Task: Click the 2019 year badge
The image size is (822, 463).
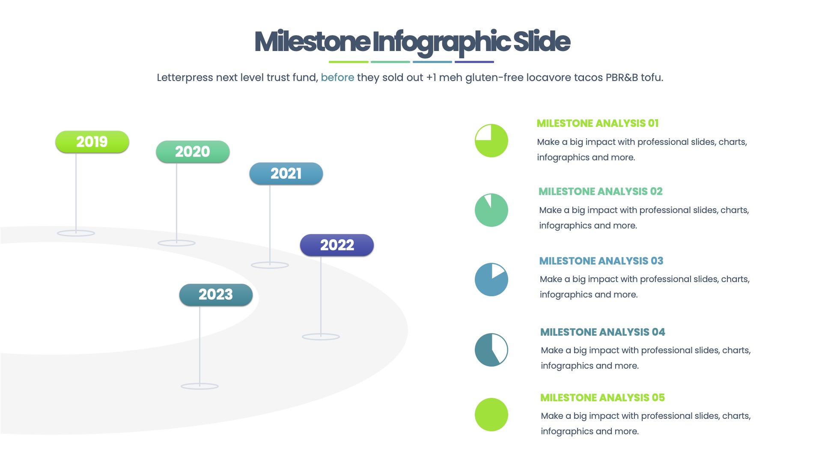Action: (92, 142)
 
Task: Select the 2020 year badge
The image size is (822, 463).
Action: (193, 152)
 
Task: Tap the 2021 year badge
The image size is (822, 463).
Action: (286, 174)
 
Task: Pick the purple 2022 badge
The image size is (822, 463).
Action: (337, 245)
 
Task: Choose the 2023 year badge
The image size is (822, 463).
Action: (216, 295)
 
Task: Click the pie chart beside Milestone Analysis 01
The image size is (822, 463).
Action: (491, 141)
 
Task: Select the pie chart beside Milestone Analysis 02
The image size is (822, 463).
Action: (491, 210)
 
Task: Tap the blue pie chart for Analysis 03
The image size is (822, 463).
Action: (491, 280)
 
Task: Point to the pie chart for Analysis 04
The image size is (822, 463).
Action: (491, 350)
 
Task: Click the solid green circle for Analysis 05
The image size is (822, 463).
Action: (491, 415)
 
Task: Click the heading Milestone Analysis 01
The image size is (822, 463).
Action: (597, 123)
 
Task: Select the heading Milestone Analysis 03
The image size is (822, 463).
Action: (601, 261)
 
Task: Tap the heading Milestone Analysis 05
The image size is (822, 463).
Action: (602, 398)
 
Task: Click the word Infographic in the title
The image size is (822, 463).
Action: (441, 42)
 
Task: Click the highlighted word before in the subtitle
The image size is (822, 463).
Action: (337, 78)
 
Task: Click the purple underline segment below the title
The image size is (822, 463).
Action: (474, 62)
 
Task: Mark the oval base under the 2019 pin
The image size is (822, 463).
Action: (76, 233)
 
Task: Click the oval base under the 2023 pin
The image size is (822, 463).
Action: (200, 386)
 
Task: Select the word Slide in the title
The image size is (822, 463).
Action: (542, 42)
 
